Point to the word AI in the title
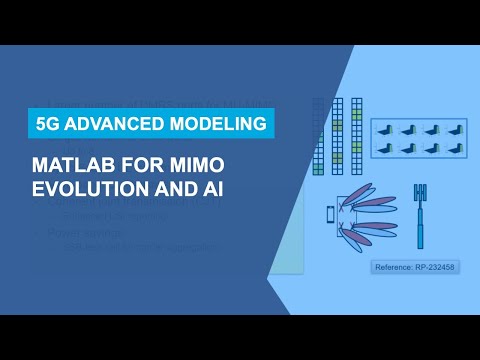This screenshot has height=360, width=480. pyautogui.click(x=208, y=189)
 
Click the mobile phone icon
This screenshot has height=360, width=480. pyautogui.click(x=329, y=213)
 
